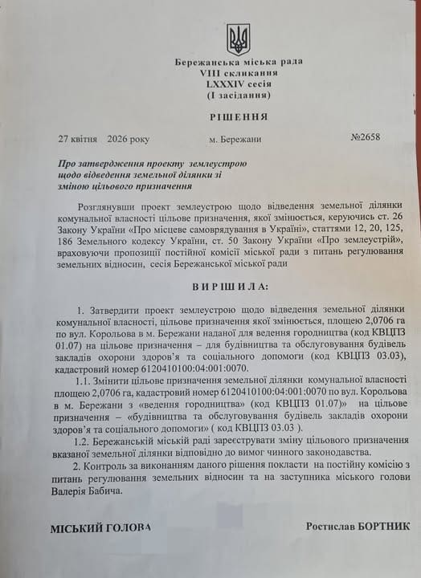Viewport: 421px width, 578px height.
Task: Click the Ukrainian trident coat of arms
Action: click(239, 38)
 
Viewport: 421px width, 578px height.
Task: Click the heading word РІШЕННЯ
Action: click(238, 116)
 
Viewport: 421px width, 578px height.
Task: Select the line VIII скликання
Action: click(238, 72)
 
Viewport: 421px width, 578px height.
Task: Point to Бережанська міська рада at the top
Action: click(238, 62)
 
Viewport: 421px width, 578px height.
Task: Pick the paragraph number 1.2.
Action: click(83, 441)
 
